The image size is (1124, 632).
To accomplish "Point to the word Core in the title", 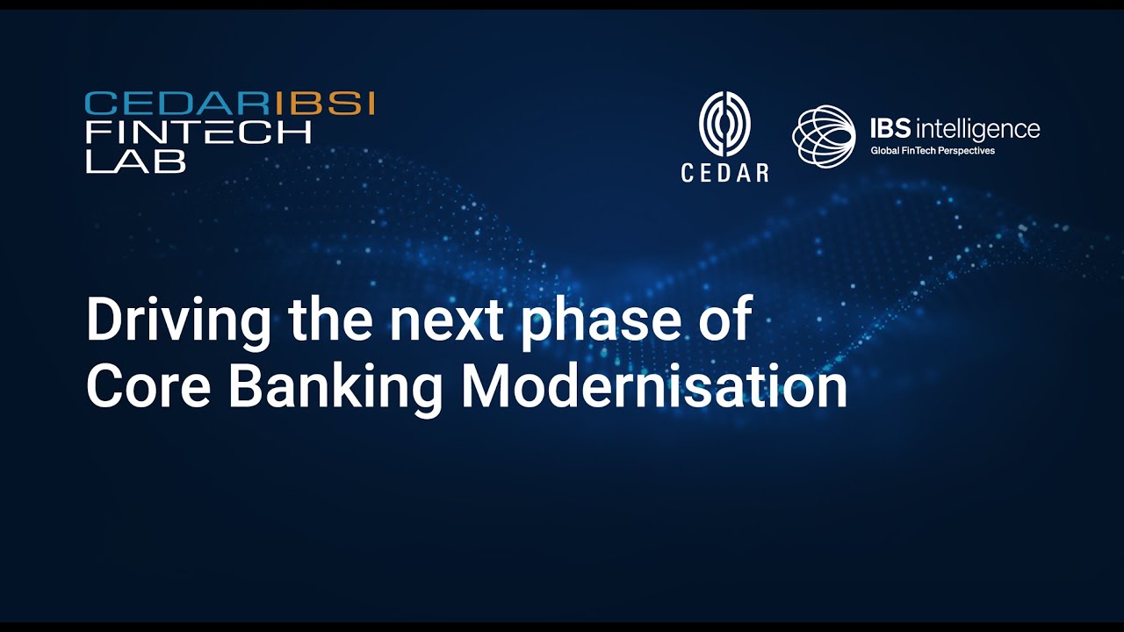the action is (x=148, y=387).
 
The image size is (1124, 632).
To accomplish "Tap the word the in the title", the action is (x=330, y=318).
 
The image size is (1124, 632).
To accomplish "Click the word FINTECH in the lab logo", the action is (x=198, y=133).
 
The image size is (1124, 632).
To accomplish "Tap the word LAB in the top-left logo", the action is (x=136, y=162).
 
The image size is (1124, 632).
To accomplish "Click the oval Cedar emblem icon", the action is (x=724, y=124).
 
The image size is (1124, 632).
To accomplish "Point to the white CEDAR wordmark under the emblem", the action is (x=724, y=173).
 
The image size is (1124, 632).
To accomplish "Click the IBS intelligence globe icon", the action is (x=824, y=135).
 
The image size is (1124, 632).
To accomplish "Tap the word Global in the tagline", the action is (x=884, y=150).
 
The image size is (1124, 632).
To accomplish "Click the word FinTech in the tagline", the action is (x=919, y=150).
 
